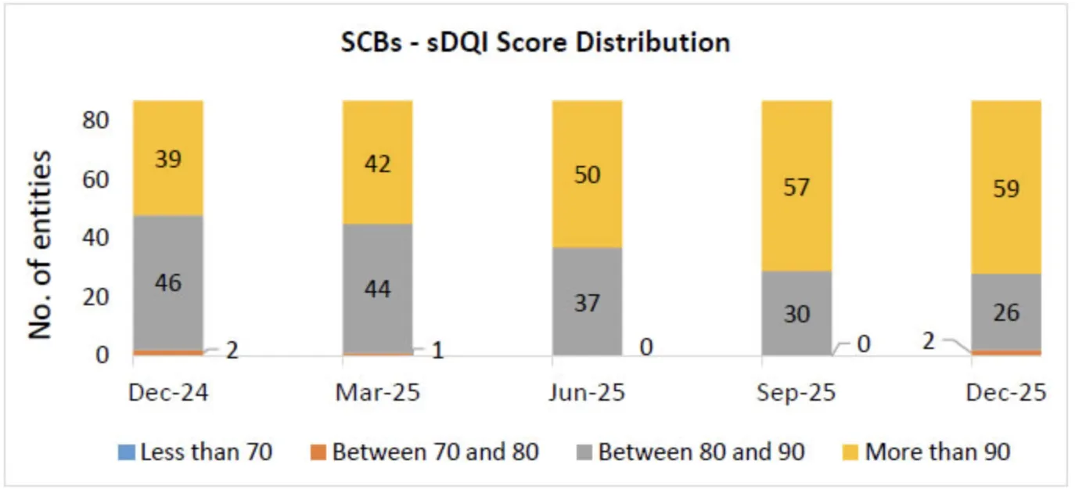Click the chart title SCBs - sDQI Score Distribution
pyautogui.click(x=535, y=41)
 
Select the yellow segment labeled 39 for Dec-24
pyautogui.click(x=168, y=158)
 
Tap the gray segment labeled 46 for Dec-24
pyautogui.click(x=168, y=282)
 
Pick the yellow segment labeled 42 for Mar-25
pyautogui.click(x=377, y=163)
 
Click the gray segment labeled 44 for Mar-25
pyautogui.click(x=377, y=288)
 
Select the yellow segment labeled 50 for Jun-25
pyautogui.click(x=587, y=174)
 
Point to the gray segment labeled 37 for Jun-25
pyautogui.click(x=587, y=301)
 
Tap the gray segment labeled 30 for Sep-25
pyautogui.click(x=796, y=313)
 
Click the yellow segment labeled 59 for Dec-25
pyautogui.click(x=1006, y=188)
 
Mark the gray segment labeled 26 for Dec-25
pyautogui.click(x=1006, y=311)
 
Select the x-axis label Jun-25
pyautogui.click(x=587, y=392)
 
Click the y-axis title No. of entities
pyautogui.click(x=41, y=244)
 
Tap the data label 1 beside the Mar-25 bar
pyautogui.click(x=438, y=350)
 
